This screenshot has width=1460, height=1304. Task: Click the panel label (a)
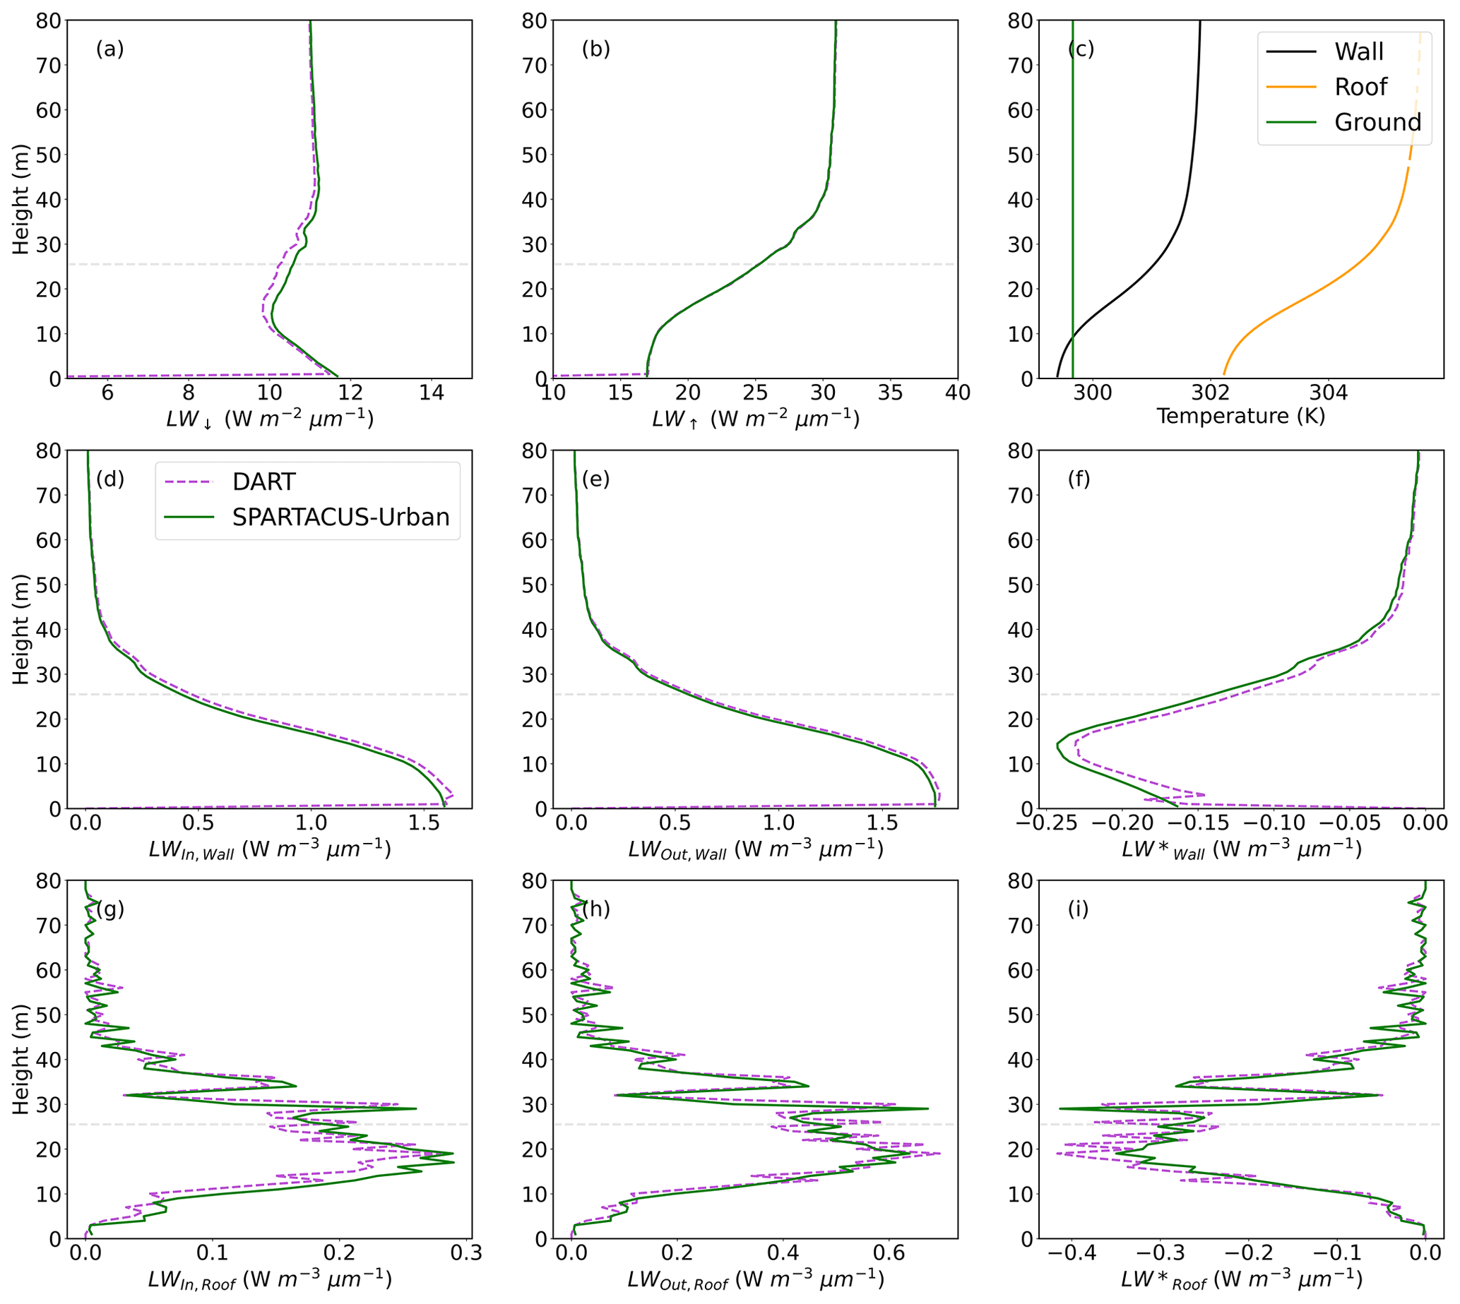coord(109,49)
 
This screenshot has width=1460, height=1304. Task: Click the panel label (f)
coord(1079,479)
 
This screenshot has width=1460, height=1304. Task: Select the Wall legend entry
coord(1358,52)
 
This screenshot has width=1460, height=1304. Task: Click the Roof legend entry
coord(1360,87)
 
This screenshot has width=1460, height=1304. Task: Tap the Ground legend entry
coord(1377,122)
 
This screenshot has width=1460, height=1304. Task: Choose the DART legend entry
coord(263,481)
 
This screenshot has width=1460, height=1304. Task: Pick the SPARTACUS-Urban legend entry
coord(340,517)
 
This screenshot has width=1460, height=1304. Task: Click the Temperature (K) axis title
coord(1240,416)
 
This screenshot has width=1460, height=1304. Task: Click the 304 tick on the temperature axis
coord(1328,393)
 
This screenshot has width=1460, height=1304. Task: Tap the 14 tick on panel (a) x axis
coord(432,393)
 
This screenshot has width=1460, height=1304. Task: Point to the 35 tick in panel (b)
coord(890,393)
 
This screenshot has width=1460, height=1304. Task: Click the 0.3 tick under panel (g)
coord(466,1252)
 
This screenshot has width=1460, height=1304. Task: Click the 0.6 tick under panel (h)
coord(889,1252)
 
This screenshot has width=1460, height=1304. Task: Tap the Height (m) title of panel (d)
coord(20,629)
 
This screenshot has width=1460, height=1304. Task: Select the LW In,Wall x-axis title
coord(270,850)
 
